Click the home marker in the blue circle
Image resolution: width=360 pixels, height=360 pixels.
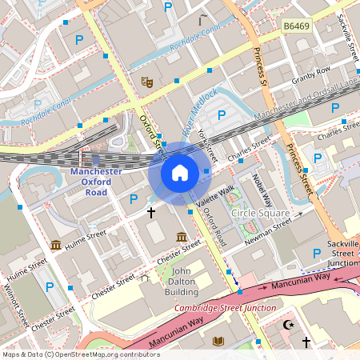tap(179, 173)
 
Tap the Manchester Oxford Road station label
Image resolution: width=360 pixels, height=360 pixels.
tap(96, 182)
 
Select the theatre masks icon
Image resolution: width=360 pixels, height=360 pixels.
tap(146, 82)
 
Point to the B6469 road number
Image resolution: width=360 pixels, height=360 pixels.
tap(297, 27)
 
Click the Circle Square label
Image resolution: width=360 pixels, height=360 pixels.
tap(260, 214)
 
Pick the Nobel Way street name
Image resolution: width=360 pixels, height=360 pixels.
tap(262, 189)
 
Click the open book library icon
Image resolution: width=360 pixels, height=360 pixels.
tap(218, 342)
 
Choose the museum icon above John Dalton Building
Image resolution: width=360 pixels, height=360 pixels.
tap(182, 237)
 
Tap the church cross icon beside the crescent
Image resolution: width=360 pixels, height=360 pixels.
tap(305, 342)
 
